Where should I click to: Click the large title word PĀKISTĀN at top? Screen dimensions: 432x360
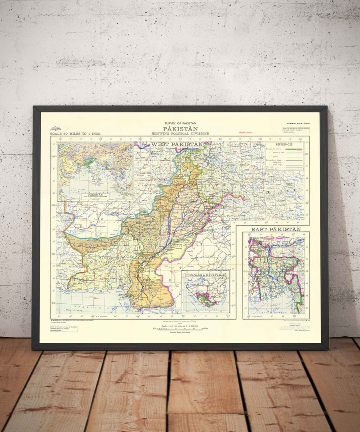click(x=181, y=129)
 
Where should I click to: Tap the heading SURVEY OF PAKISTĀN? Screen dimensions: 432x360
click(x=181, y=124)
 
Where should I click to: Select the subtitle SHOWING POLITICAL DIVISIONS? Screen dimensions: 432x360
click(x=181, y=133)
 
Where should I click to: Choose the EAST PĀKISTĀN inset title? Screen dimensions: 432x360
click(x=276, y=230)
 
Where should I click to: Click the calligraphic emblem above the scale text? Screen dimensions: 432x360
click(x=55, y=129)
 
